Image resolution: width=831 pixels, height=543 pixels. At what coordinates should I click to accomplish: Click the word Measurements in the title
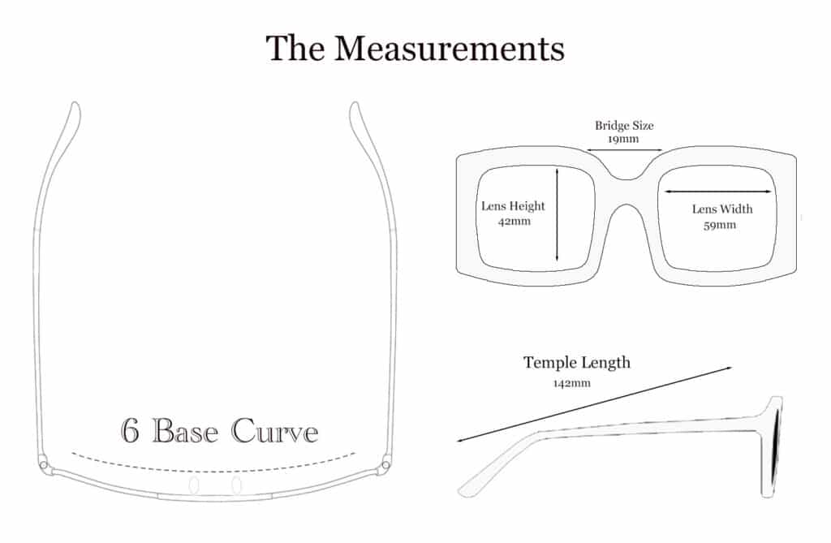450,48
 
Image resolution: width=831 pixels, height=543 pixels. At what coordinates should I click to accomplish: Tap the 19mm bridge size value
623,139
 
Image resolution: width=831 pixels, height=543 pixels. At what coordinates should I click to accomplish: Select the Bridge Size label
624,126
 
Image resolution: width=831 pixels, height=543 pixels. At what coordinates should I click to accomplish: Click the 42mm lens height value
514,221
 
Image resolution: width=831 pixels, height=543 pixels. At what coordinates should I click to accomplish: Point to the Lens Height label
513,205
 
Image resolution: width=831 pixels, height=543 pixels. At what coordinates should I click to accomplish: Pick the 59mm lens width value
720,225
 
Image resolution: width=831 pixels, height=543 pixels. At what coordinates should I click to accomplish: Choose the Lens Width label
722,209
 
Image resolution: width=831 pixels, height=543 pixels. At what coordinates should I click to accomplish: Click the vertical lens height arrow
557,214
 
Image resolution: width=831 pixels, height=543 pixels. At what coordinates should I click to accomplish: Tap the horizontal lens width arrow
718,192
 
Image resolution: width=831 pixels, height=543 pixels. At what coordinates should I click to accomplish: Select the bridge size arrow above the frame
624,150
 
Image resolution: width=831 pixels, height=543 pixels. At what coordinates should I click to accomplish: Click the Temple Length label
577,362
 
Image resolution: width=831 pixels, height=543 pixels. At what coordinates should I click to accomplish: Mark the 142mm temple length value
572,383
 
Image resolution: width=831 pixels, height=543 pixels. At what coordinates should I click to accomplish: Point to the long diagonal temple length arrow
595,403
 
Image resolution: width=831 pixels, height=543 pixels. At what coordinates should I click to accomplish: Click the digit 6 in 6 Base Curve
131,429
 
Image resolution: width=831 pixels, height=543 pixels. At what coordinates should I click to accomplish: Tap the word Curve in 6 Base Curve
274,430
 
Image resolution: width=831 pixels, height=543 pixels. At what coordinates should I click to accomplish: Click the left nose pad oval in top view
194,485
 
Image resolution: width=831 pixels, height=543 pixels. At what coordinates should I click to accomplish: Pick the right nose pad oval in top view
236,485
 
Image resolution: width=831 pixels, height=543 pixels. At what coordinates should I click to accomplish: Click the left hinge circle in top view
44,465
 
